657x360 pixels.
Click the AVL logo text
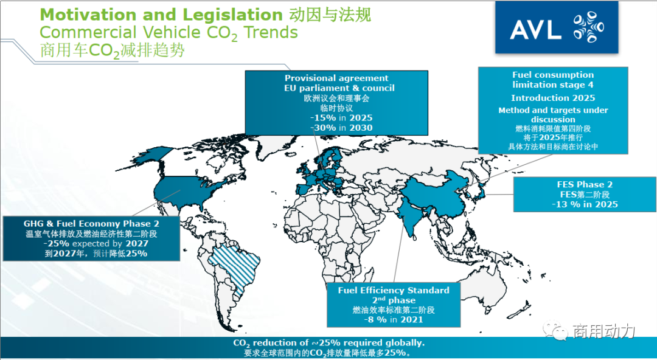pyautogui.click(x=535, y=29)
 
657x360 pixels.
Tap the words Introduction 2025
pyautogui.click(x=553, y=98)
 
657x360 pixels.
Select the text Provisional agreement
pyautogui.click(x=336, y=78)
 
